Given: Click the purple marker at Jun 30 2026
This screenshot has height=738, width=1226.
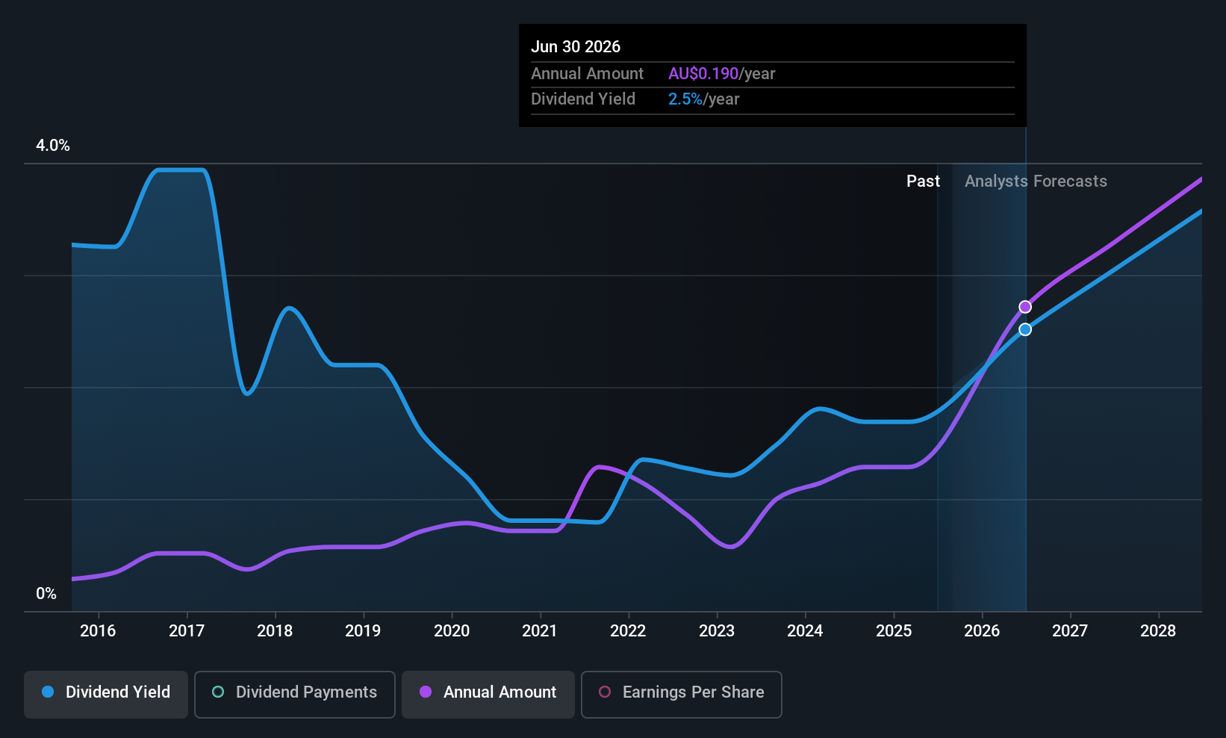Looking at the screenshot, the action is [1025, 306].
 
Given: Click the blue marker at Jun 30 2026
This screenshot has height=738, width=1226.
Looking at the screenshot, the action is [1025, 329].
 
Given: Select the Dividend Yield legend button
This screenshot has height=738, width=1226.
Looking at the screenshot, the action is [105, 694].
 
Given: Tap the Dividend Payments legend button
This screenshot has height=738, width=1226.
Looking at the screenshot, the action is [294, 694].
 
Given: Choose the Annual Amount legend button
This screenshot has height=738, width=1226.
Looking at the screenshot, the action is [488, 694].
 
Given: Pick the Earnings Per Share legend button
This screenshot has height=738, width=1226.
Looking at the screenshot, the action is [682, 694].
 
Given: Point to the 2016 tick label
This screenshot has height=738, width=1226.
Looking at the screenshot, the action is [98, 630].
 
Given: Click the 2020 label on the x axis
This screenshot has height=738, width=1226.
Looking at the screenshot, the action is [452, 630].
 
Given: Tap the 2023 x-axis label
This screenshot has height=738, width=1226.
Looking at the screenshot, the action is [717, 630].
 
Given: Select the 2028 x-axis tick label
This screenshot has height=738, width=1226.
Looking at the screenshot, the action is [1158, 630].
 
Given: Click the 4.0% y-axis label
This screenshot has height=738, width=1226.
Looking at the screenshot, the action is [53, 146].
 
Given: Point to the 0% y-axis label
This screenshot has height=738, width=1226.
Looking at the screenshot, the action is [46, 594].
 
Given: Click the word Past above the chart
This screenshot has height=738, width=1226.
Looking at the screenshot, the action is [923, 182].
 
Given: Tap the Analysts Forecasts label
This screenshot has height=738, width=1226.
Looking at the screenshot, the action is [1036, 182].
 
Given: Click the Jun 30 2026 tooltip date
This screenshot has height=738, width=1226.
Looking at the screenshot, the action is [576, 46].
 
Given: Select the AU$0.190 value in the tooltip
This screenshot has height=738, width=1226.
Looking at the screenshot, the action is [703, 73].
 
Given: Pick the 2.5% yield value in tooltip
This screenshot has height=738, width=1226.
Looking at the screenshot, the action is [685, 99].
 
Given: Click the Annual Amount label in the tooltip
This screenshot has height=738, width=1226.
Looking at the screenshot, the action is [588, 73].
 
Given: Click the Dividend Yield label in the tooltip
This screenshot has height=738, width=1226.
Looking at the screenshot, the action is [583, 99].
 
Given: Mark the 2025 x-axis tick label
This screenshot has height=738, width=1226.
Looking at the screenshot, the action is [894, 630].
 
